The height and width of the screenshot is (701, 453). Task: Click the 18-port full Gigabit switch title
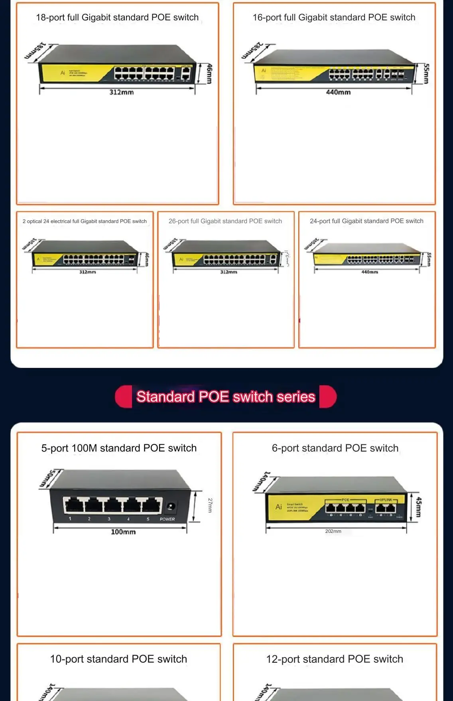pos(117,18)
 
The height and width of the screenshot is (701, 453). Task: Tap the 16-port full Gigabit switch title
pos(334,18)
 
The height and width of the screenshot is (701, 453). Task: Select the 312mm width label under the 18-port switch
pos(122,92)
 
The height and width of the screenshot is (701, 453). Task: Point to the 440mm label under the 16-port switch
pos(338,92)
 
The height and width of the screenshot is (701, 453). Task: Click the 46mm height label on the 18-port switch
pos(209,74)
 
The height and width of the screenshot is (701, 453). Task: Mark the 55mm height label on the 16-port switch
pos(426,74)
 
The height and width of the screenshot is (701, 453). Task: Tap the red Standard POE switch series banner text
pos(226,397)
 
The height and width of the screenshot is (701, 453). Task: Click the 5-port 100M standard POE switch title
pos(119,448)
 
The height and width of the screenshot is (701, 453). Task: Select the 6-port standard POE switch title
pos(335,448)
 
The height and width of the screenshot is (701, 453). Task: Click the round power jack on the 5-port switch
pos(171,507)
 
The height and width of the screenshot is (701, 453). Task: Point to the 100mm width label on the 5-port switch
pos(123,532)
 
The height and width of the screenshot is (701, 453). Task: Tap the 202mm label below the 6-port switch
pos(333,531)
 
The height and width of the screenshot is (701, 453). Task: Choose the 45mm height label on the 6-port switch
pos(418,507)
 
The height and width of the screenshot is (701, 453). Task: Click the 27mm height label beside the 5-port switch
pos(210,505)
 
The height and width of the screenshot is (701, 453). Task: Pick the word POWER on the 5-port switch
pos(167,519)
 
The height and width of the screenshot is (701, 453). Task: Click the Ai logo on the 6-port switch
pos(279,507)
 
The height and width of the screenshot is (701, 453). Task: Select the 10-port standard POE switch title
pos(118,659)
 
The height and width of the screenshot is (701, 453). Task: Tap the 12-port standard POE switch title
pos(335,659)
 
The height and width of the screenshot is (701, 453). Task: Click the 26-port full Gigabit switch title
pos(225,221)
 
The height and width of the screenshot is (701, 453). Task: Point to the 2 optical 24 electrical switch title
pos(85,221)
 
